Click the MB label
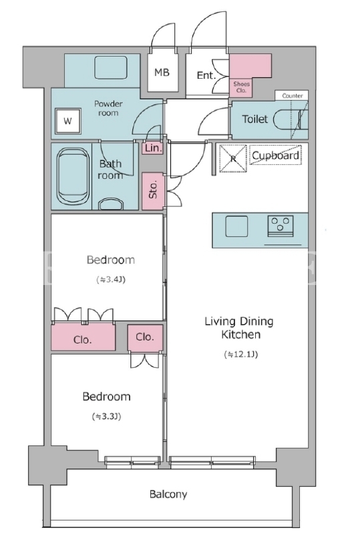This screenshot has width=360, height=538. click(162, 72)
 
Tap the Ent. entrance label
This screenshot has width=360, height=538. click(206, 75)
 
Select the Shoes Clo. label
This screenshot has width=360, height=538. click(241, 87)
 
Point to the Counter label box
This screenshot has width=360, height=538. click(292, 95)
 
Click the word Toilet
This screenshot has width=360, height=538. click(254, 119)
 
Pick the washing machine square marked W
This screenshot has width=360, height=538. click(67, 121)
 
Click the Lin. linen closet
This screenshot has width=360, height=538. click(153, 148)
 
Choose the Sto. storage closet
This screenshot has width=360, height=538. click(153, 190)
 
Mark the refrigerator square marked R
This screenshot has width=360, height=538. click(233, 158)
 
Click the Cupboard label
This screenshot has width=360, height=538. click(275, 156)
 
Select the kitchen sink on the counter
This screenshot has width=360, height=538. click(236, 226)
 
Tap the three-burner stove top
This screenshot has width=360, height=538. click(281, 226)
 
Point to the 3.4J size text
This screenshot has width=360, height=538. click(110, 280)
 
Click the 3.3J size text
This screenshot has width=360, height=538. click(106, 417)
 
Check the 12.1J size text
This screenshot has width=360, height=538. click(240, 354)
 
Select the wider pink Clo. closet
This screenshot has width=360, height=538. click(83, 337)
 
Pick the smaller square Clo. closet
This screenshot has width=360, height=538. click(145, 338)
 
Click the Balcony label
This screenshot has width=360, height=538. click(168, 494)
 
